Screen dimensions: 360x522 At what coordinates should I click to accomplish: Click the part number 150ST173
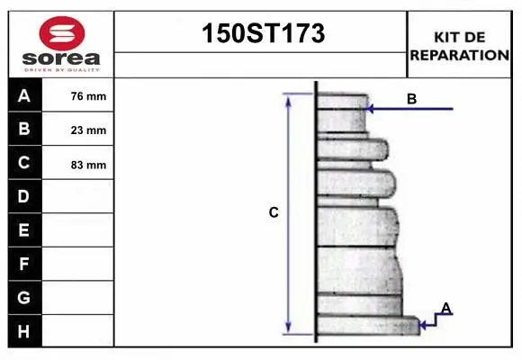pyautogui.click(x=261, y=34)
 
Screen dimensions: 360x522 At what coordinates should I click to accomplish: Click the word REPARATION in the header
pyautogui.click(x=459, y=55)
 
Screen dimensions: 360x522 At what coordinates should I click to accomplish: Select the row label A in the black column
pyautogui.click(x=24, y=95)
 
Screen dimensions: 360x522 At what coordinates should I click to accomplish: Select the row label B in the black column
pyautogui.click(x=24, y=129)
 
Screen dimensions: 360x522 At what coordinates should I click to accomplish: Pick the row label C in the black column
pyautogui.click(x=24, y=163)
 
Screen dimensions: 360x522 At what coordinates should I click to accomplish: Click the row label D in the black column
pyautogui.click(x=24, y=196)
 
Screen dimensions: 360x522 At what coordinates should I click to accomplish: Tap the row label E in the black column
pyautogui.click(x=24, y=230)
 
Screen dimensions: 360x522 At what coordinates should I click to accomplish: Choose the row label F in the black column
pyautogui.click(x=24, y=264)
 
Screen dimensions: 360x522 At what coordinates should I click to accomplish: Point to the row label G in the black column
pyautogui.click(x=24, y=297)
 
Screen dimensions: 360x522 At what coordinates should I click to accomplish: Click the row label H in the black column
pyautogui.click(x=24, y=330)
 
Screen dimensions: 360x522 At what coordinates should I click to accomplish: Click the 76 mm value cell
pyautogui.click(x=88, y=96)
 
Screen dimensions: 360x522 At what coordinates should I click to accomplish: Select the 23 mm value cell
pyautogui.click(x=88, y=130)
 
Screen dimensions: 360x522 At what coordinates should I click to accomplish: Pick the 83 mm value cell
pyautogui.click(x=88, y=165)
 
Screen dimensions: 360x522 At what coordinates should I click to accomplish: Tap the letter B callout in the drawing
pyautogui.click(x=411, y=99)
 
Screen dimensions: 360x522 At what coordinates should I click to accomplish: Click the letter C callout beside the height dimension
pyautogui.click(x=274, y=212)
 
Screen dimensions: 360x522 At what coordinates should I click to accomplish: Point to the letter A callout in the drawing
pyautogui.click(x=445, y=309)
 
